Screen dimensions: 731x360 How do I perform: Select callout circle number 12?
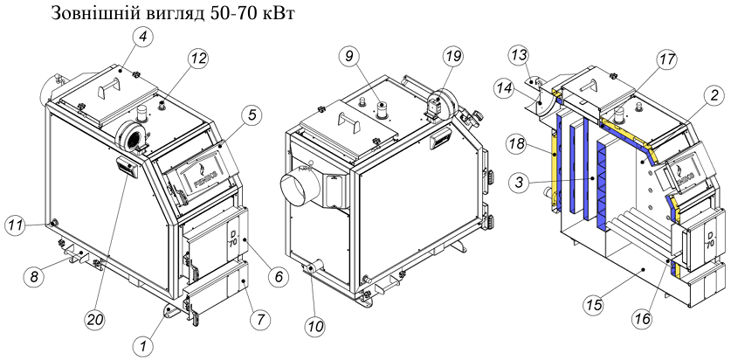click(x=197, y=59)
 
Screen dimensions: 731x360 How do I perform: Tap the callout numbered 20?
click(x=93, y=320)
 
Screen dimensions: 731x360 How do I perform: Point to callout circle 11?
click(x=16, y=226)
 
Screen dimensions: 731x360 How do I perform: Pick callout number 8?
click(x=34, y=277)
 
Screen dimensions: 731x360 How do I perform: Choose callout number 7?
click(x=259, y=320)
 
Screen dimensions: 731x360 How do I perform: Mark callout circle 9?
click(x=349, y=57)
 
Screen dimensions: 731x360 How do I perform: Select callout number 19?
click(x=453, y=57)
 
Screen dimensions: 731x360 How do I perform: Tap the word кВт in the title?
click(x=279, y=13)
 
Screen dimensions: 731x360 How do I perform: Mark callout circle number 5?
click(x=252, y=115)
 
